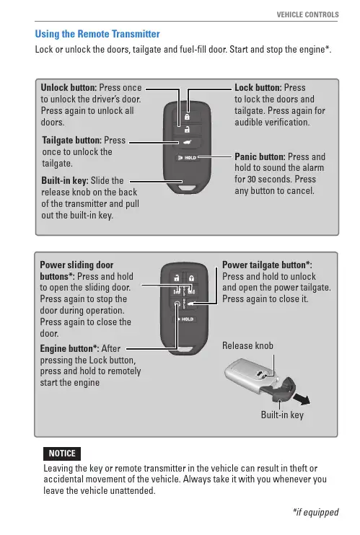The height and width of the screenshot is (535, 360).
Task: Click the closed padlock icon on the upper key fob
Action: pos(187,117)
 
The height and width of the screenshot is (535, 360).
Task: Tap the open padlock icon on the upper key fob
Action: pos(187,129)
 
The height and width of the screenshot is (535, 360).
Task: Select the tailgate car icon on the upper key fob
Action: pos(187,142)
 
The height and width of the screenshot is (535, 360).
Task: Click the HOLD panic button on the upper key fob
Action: pos(187,158)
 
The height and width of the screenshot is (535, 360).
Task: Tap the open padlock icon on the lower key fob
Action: pos(177,278)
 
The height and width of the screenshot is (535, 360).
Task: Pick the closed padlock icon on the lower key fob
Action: pos(192,278)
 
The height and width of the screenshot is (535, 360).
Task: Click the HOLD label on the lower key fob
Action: pos(186,319)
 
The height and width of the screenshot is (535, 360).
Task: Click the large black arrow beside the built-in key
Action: pos(303,399)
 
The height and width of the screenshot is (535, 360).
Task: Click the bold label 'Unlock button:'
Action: pos(69,88)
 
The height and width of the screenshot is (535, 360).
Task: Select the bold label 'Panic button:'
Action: pos(260,157)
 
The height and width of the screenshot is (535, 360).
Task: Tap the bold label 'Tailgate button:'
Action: pos(72,140)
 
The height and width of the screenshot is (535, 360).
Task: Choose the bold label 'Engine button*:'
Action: pos(70,349)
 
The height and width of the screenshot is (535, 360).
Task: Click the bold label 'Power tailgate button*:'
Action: pos(267,265)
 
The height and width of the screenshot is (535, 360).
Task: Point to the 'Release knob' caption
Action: pos(247,345)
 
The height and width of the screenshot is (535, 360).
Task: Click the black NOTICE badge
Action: pos(62,454)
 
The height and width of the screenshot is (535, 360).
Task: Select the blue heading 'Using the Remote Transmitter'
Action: pos(97,34)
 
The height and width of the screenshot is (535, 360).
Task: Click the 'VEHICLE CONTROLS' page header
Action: pos(308,14)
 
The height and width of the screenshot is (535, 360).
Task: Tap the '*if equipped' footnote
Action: pos(315,512)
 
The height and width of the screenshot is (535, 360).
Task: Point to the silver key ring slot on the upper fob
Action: pos(187,187)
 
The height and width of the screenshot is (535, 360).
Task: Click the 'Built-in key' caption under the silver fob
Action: pos(282,415)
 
